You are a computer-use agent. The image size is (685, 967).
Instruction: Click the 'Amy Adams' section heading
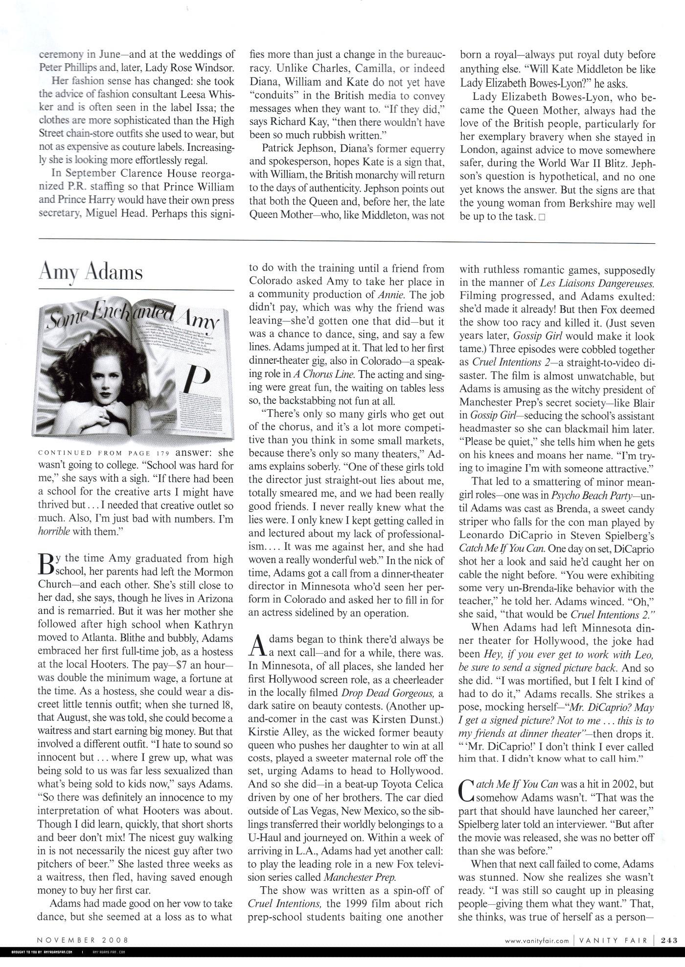click(91, 272)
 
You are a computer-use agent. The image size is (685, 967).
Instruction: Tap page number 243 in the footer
click(669, 940)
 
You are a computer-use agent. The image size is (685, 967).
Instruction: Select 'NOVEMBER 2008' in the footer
click(83, 940)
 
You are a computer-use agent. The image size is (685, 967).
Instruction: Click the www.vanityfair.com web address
click(537, 940)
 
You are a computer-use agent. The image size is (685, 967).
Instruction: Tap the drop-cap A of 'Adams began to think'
click(256, 645)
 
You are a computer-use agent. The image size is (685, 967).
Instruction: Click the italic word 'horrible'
click(54, 532)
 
